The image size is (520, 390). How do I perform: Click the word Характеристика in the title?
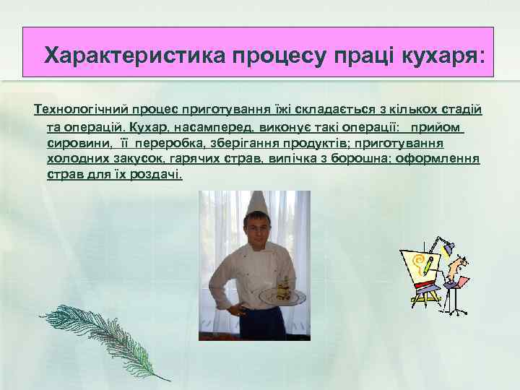[134, 55]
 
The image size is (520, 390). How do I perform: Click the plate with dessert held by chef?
[283, 295]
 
